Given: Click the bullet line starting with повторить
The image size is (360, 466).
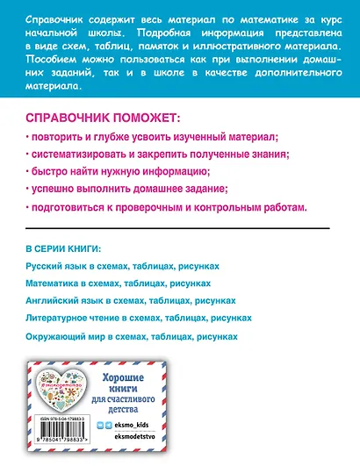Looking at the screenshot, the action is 153,138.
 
